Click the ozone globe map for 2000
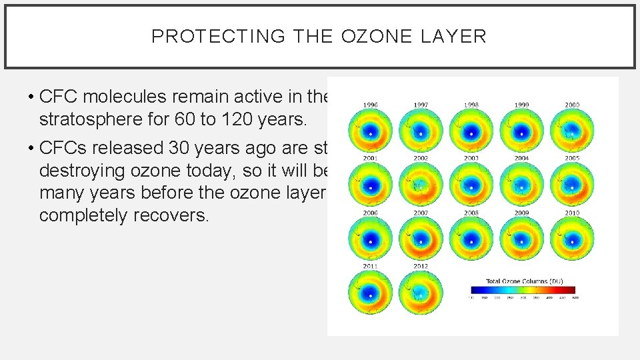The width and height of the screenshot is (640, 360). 572,130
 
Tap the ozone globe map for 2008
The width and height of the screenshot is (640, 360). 471,238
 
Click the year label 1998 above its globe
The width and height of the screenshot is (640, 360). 471,105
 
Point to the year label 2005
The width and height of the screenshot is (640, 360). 572,159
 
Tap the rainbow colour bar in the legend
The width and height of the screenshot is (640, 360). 523,290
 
